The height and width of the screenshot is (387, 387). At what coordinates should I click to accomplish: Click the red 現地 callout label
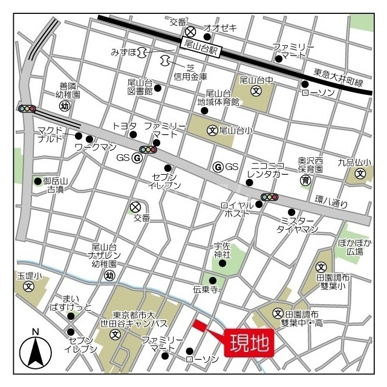pyautogui.click(x=249, y=343)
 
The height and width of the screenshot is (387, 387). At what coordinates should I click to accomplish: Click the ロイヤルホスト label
pyautogui.click(x=237, y=209)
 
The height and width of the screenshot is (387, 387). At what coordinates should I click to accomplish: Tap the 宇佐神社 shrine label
pyautogui.click(x=223, y=250)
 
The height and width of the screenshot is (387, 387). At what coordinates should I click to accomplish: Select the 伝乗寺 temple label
pyautogui.click(x=205, y=290)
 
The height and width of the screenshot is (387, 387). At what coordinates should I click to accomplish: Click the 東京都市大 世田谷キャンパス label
pyautogui.click(x=144, y=318)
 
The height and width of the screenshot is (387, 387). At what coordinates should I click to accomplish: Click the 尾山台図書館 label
pyautogui.click(x=140, y=86)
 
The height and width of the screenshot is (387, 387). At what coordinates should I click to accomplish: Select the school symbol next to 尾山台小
pyautogui.click(x=212, y=130)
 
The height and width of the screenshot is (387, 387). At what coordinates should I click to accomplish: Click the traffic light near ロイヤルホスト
pyautogui.click(x=269, y=197)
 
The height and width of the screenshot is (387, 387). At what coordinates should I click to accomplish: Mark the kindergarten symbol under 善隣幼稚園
pyautogui.click(x=64, y=106)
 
